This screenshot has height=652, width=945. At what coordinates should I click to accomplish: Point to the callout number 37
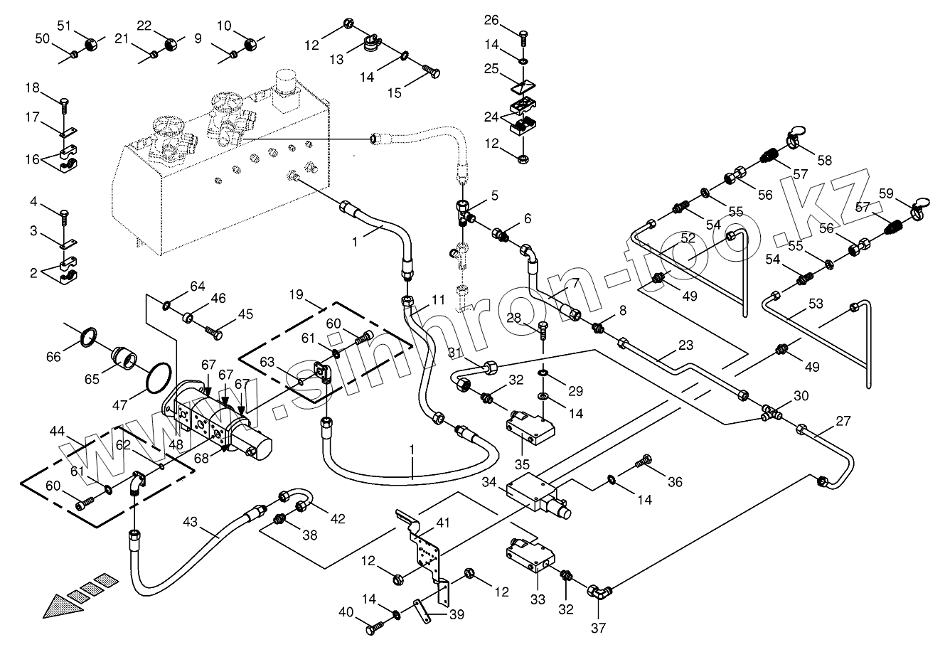[598, 628]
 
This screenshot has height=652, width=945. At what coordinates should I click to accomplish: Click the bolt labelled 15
[431, 72]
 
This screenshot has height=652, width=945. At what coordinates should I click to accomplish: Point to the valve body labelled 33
[529, 554]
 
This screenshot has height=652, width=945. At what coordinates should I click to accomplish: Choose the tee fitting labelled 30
[769, 411]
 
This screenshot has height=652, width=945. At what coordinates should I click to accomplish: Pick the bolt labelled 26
[523, 33]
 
